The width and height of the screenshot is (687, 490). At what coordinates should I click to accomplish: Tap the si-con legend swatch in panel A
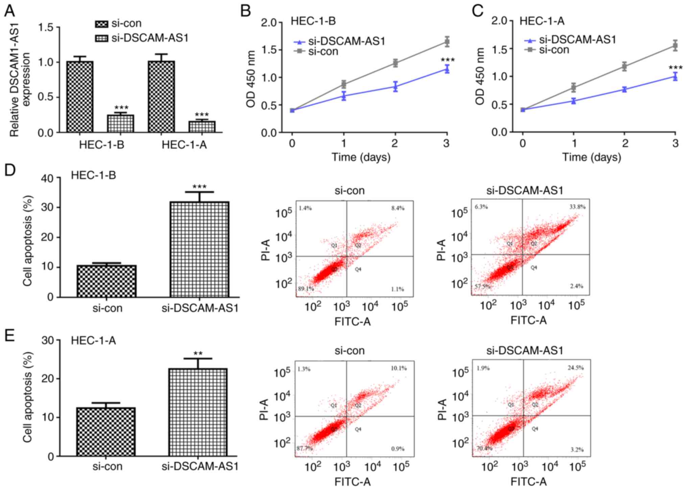[x=101, y=24]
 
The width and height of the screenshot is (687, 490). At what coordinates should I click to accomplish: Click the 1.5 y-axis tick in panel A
[x=46, y=27]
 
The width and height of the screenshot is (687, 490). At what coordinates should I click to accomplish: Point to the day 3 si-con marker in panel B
[x=447, y=42]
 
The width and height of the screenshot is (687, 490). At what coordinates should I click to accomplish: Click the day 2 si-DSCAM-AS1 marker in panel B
[x=395, y=87]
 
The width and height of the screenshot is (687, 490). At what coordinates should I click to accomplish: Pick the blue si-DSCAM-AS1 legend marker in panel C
[x=530, y=40]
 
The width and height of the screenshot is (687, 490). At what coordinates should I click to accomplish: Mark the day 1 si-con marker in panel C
[x=573, y=87]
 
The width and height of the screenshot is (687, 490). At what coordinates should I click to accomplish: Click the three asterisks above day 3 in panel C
[x=675, y=68]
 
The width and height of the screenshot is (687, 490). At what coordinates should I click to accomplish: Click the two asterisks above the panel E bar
[x=198, y=354]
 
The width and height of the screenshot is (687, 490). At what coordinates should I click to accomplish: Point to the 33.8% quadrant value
[x=577, y=207]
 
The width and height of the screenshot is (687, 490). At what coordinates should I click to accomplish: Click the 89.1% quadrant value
[x=306, y=289]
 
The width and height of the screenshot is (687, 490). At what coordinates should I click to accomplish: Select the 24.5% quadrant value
[x=575, y=368]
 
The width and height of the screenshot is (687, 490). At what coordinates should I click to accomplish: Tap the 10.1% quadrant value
[x=399, y=368]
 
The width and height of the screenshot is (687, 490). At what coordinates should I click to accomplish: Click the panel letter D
[x=10, y=170]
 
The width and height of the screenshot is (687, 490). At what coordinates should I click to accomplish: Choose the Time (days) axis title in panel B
[x=361, y=157]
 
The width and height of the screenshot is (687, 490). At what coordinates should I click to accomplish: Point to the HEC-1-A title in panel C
[x=542, y=21]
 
